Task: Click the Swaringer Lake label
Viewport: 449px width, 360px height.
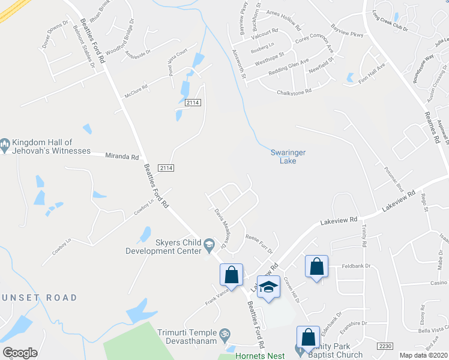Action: click(288, 157)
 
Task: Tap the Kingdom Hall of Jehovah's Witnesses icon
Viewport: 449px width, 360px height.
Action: click(5, 144)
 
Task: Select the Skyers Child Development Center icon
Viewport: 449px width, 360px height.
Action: click(209, 243)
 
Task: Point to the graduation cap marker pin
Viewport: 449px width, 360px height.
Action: click(269, 286)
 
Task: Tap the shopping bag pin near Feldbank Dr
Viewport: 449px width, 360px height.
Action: click(316, 266)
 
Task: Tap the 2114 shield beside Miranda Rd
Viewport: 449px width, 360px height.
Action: click(166, 168)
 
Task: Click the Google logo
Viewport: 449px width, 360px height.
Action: click(20, 353)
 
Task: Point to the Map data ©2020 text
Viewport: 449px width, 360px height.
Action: click(423, 355)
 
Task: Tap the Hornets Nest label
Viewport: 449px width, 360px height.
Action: click(259, 356)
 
